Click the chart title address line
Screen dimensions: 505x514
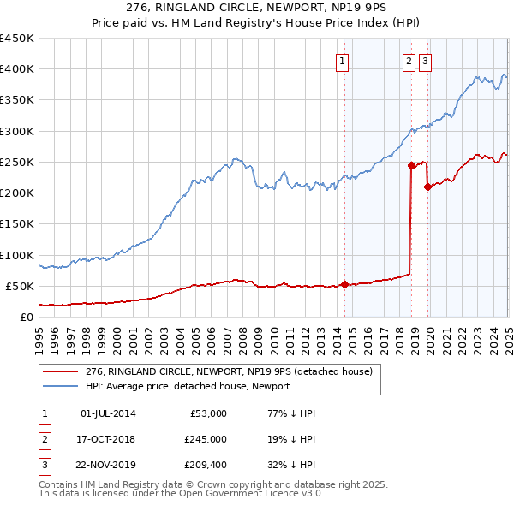[257, 8]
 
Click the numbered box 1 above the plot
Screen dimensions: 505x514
[343, 61]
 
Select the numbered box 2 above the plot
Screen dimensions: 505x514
[409, 61]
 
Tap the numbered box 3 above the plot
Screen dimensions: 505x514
[425, 61]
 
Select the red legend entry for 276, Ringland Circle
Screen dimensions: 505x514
[230, 372]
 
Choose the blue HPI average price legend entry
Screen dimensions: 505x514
[188, 387]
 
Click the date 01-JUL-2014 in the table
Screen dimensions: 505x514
[108, 413]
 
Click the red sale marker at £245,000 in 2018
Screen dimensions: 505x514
[411, 165]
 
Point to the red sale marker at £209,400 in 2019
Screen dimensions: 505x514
[427, 187]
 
